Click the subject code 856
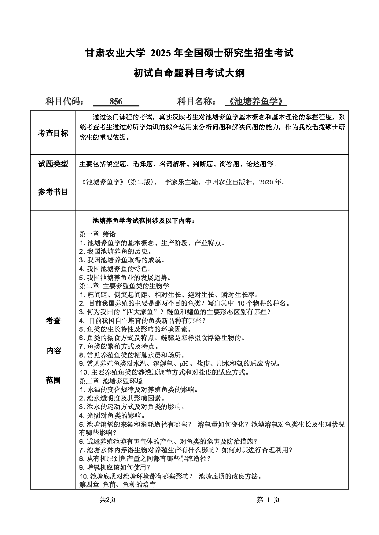[116, 102]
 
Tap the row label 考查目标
[53, 133]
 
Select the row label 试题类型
[53, 164]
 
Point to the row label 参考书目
[53, 192]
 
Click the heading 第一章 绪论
[98, 234]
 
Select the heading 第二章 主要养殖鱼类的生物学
[124, 286]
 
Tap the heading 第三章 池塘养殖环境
[111, 381]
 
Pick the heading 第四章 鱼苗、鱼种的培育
[118, 484]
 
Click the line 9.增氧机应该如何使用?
[115, 467]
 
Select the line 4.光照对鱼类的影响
[112, 415]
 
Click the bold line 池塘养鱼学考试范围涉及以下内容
[144, 221]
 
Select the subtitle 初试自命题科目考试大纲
[189, 73]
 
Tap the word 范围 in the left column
[53, 380]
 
